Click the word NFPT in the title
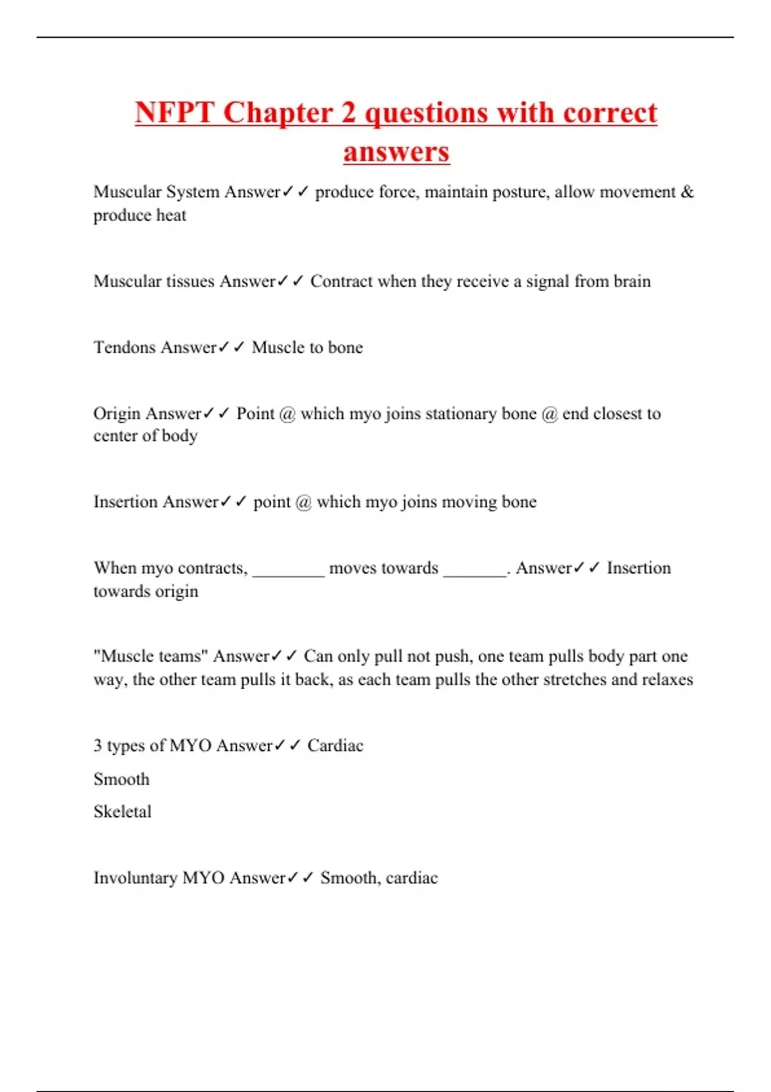tap(173, 113)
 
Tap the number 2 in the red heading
tap(348, 113)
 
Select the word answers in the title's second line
tap(396, 152)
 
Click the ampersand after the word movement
tap(687, 191)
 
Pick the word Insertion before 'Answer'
tap(124, 502)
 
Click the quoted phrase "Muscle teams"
tap(151, 656)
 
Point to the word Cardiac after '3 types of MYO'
tap(335, 745)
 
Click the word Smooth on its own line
tap(121, 779)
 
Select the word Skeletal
tap(123, 812)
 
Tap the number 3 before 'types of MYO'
tap(98, 745)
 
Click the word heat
tap(172, 215)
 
